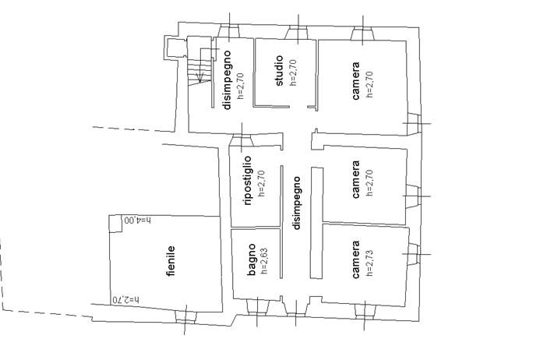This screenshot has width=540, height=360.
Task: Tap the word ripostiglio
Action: [248, 181]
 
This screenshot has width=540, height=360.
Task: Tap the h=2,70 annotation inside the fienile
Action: [125, 299]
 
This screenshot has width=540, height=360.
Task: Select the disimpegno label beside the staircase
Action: [228, 79]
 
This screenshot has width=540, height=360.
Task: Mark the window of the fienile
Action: [184, 315]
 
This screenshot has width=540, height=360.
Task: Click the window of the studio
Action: [298, 32]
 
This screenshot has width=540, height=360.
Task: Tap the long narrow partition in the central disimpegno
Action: [316, 221]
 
